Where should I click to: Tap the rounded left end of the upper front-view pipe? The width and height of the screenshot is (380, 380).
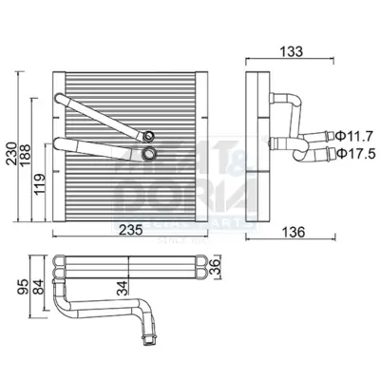[59, 100]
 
